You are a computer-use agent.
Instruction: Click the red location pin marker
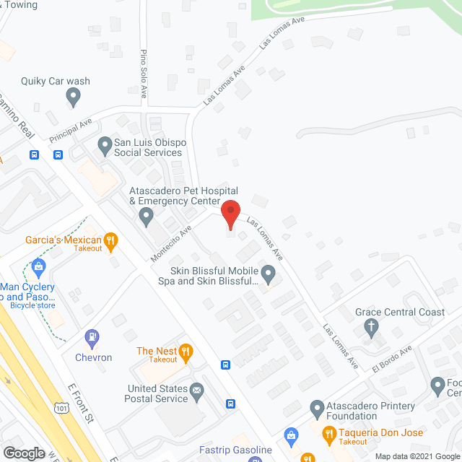(x=230, y=215)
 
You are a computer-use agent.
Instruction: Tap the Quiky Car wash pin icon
(x=73, y=95)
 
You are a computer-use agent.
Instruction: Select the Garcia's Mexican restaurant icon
(x=110, y=240)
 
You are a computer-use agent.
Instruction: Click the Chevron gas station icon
(x=92, y=336)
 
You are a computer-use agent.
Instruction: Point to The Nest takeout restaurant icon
(x=186, y=352)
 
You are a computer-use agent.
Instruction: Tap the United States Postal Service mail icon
(x=197, y=392)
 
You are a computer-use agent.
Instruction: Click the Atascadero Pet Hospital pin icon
(x=147, y=214)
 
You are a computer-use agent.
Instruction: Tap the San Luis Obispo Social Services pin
(x=105, y=144)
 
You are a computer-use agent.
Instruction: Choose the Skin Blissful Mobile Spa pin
(x=269, y=274)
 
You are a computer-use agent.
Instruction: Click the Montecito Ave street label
(x=171, y=244)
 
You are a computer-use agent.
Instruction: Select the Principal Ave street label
(x=71, y=131)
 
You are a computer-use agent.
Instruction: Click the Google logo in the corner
(x=23, y=453)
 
